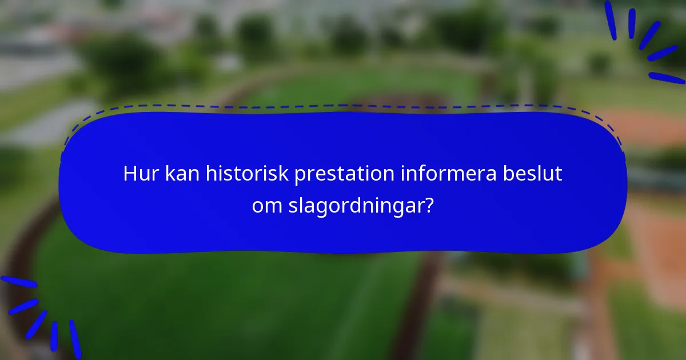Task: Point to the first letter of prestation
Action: [x=298, y=176]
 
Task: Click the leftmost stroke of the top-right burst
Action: [x=610, y=20]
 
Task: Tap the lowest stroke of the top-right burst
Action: [x=667, y=78]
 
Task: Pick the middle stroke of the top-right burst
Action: [x=649, y=35]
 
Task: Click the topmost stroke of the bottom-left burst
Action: [x=18, y=282]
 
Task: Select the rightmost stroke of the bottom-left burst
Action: [x=75, y=339]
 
